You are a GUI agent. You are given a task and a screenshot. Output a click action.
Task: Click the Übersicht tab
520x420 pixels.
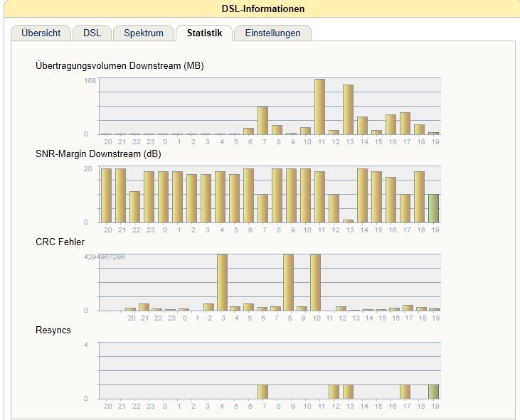(41, 33)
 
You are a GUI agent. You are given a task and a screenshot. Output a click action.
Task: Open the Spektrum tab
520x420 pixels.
(144, 33)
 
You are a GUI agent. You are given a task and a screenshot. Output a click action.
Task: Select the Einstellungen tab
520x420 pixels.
(272, 33)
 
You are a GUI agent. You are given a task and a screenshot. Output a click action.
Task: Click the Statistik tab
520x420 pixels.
(204, 33)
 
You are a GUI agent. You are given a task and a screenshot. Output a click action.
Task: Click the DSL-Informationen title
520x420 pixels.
(263, 9)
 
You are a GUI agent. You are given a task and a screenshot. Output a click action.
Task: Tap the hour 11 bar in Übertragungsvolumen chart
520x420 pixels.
(320, 107)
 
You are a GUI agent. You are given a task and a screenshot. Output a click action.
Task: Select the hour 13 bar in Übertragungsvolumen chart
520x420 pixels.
(349, 109)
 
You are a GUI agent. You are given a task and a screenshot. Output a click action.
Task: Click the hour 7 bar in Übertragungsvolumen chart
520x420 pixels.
(263, 120)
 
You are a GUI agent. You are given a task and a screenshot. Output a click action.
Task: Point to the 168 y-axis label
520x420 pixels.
(90, 80)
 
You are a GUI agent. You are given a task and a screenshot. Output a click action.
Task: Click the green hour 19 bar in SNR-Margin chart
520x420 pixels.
(434, 208)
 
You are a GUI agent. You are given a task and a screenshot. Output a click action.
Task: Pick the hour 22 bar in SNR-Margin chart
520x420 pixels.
(135, 206)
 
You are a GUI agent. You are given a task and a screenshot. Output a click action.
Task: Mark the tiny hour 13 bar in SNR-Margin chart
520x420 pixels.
(349, 220)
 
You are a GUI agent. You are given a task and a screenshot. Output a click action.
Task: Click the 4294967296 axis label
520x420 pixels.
(105, 257)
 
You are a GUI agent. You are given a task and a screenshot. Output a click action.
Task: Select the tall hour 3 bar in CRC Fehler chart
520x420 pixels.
(222, 282)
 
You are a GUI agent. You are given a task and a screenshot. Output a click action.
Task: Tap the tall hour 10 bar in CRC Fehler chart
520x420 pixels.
(315, 282)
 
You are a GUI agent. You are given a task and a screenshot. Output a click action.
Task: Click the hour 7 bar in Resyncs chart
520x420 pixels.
(263, 392)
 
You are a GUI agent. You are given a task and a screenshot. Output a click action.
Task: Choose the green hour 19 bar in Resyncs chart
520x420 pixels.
(434, 392)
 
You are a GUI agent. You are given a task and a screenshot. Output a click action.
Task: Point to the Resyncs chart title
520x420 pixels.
(53, 330)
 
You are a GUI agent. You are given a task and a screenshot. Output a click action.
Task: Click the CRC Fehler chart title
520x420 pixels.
(60, 242)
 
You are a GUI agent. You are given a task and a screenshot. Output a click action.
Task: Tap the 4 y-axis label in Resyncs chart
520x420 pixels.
(86, 345)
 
